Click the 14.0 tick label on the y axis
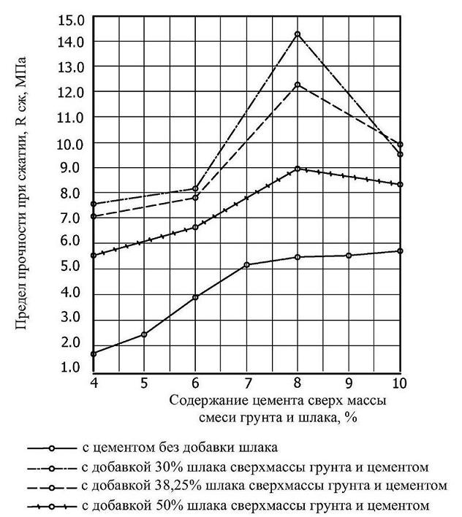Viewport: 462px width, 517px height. point(71,42)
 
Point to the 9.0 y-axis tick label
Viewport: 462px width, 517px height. point(71,168)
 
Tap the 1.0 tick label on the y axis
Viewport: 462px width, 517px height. point(71,367)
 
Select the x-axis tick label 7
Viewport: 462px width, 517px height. point(247,383)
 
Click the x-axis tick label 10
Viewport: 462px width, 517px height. point(400,383)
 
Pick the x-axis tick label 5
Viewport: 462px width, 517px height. point(144,383)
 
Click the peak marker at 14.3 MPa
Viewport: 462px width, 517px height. point(298,34)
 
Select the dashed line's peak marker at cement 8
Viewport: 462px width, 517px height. point(298,85)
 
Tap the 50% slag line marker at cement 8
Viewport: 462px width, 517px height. point(298,169)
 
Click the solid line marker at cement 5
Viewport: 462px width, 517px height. point(144,334)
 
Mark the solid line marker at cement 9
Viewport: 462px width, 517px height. point(349,255)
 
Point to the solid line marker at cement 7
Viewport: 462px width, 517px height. point(246,265)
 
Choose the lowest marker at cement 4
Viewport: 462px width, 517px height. point(94,353)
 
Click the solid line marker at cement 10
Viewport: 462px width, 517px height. point(401,251)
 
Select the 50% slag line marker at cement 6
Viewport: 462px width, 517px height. point(195,227)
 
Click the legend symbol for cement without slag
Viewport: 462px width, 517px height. point(51,448)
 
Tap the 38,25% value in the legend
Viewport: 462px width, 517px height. point(178,486)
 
